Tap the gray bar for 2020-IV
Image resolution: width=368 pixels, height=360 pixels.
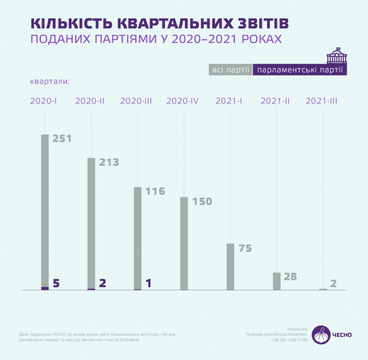183,243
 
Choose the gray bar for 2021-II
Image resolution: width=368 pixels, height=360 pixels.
276,281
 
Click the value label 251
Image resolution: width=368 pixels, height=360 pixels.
62,139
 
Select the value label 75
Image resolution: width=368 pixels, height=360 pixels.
245,248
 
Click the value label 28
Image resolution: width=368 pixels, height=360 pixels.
290,276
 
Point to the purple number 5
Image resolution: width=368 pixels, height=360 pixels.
56,283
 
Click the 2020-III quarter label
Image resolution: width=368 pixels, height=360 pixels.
137,100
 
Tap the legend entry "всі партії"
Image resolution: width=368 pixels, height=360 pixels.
230,70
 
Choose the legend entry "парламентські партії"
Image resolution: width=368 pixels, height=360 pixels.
299,70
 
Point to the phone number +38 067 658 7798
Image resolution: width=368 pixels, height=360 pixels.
289,340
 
